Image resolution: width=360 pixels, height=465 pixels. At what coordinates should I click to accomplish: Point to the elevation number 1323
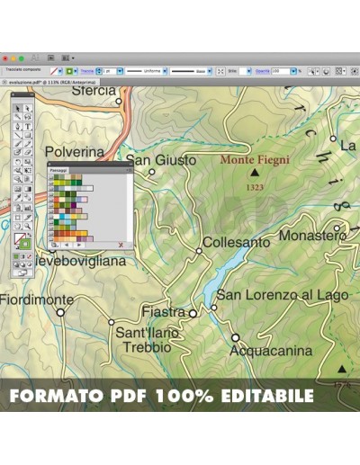click(x=255, y=187)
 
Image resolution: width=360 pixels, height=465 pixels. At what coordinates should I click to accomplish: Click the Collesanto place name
click(x=236, y=242)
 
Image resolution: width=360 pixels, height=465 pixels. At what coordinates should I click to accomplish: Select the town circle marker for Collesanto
click(x=199, y=251)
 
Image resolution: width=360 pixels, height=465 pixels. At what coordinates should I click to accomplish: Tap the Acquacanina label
click(x=271, y=351)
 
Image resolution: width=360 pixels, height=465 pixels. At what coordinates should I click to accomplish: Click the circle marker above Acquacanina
click(x=235, y=337)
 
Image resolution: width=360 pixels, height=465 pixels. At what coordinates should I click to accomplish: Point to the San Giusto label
click(x=161, y=160)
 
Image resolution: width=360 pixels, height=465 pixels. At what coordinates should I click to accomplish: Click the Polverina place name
click(x=75, y=152)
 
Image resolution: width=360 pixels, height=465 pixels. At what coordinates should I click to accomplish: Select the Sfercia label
click(x=94, y=90)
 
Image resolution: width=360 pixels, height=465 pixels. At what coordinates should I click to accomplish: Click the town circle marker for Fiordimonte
click(x=61, y=312)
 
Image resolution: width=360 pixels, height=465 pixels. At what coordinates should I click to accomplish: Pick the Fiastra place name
click(x=163, y=312)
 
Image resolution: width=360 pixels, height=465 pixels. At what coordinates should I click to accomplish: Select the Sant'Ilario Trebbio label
click(x=148, y=339)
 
